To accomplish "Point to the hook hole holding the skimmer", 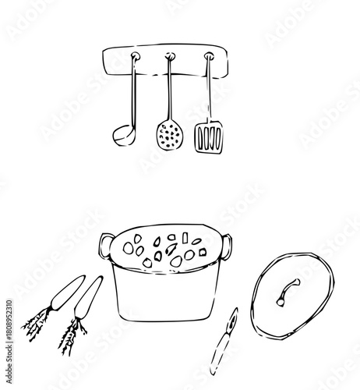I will click(169, 56).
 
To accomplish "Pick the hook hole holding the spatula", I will click(209, 56).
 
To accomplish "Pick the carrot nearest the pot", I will click(86, 300).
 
